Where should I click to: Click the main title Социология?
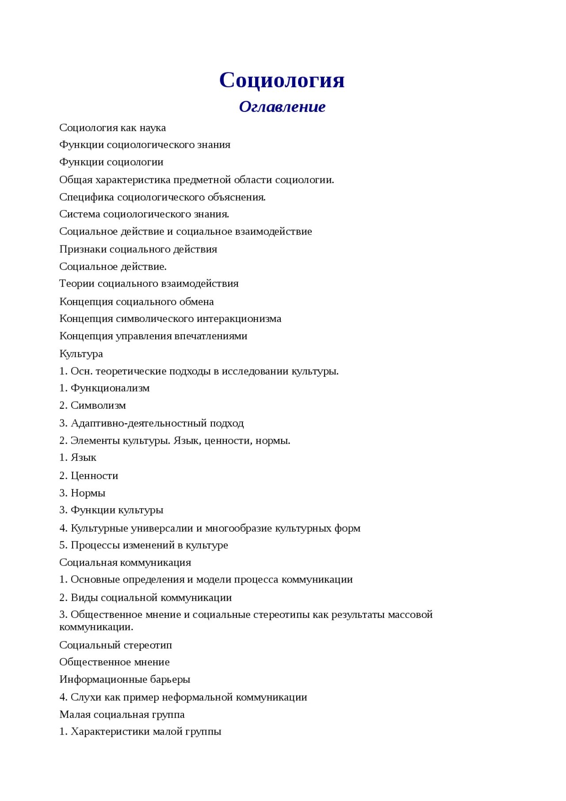pos(282,80)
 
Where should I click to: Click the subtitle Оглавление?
pos(282,107)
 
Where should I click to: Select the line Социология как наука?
pos(113,128)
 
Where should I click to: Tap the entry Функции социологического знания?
pos(145,145)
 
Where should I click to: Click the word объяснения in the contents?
pos(237,197)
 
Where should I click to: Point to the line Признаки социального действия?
pos(138,249)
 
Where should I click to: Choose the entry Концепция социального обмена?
pos(137,302)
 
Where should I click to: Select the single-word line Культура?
pos(81,354)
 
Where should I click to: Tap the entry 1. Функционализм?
pos(104,388)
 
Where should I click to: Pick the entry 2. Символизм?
pos(92,405)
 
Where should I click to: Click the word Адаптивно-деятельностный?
pos(139,423)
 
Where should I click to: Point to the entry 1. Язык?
pos(78,457)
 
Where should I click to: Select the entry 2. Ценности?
pos(89,475)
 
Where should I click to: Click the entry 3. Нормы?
pos(82,493)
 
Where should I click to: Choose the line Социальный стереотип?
pos(115,645)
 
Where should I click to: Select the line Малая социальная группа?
pos(122,714)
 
